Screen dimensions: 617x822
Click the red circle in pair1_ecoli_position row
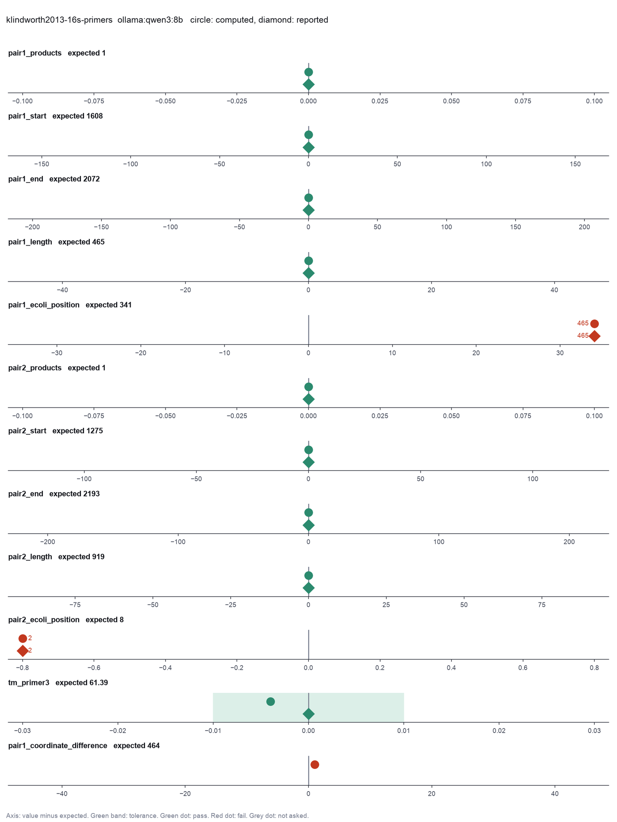pyautogui.click(x=594, y=324)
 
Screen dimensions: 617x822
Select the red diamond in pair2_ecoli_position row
pyautogui.click(x=23, y=651)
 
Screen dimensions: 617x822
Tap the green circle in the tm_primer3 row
pyautogui.click(x=271, y=701)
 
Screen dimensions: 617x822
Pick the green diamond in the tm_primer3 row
pyautogui.click(x=308, y=714)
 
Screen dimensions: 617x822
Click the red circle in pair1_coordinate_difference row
pyautogui.click(x=315, y=765)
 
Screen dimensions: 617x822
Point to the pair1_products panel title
pyautogui.click(x=57, y=53)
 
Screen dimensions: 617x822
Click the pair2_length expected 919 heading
pyautogui.click(x=56, y=557)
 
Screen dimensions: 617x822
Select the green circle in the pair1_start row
pyautogui.click(x=308, y=135)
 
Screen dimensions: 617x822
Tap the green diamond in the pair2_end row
pyautogui.click(x=308, y=525)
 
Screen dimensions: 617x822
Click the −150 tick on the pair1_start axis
pyautogui.click(x=41, y=164)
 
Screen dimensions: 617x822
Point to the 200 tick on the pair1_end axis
pyautogui.click(x=584, y=227)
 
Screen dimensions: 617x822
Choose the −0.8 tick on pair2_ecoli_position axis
pyautogui.click(x=22, y=668)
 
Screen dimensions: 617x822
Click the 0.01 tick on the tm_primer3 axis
pyautogui.click(x=404, y=731)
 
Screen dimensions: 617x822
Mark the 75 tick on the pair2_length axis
pyautogui.click(x=541, y=605)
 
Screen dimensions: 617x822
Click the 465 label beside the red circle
pyautogui.click(x=583, y=323)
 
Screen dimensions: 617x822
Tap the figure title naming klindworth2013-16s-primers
pyautogui.click(x=167, y=20)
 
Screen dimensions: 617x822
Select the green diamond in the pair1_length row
pyautogui.click(x=308, y=273)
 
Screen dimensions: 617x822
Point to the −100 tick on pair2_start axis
pyautogui.click(x=84, y=479)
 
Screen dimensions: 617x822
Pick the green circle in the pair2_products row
pyautogui.click(x=308, y=387)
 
